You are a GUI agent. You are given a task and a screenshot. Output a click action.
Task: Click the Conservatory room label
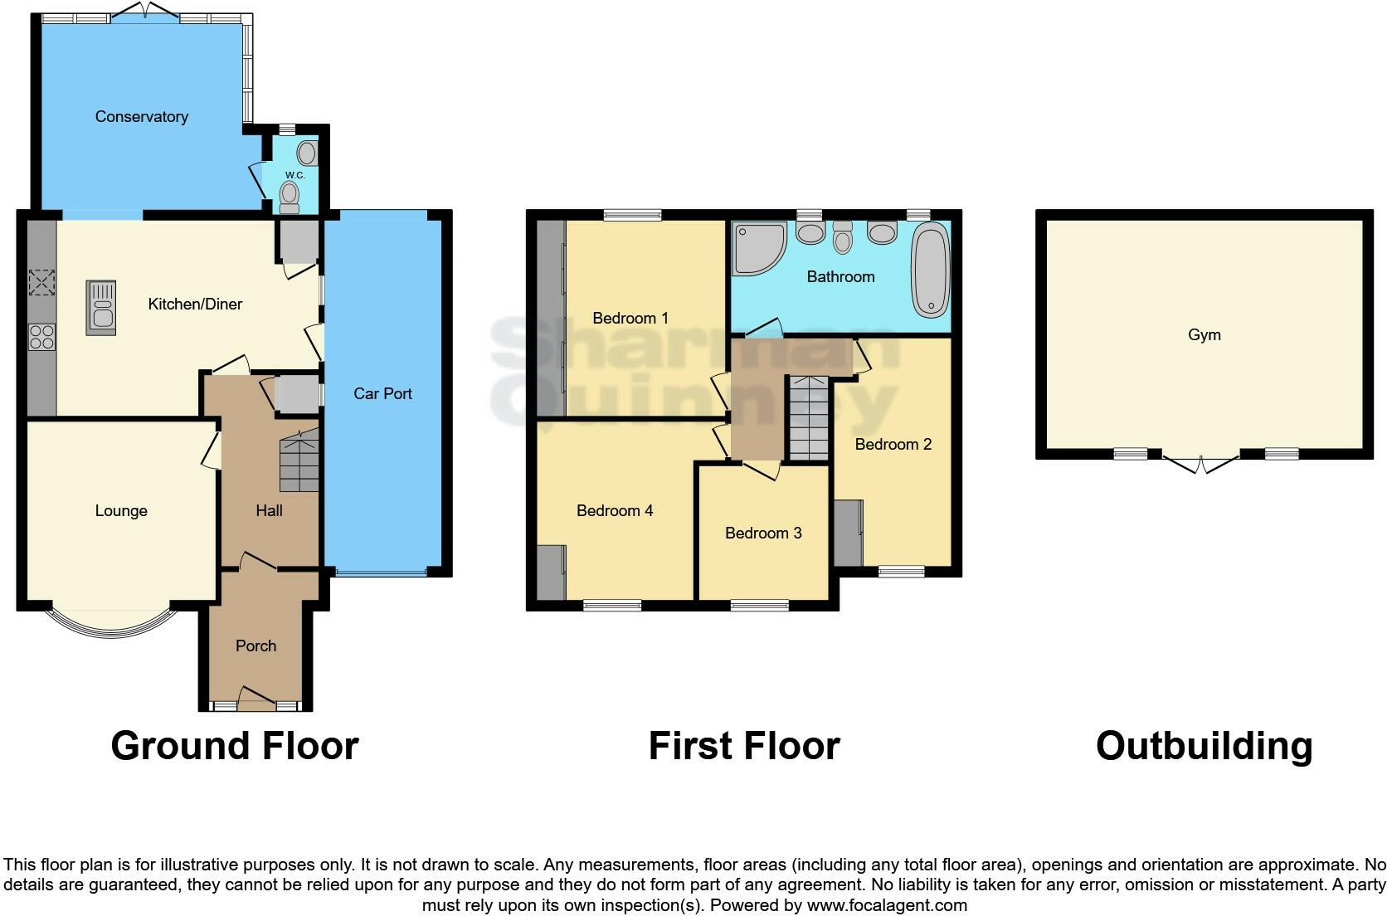click(x=141, y=117)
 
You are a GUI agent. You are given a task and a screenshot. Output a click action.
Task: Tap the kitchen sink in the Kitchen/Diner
click(x=101, y=307)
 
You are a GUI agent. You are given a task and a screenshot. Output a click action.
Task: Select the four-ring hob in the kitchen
click(x=42, y=337)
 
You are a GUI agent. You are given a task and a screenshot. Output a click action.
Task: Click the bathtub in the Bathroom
click(x=931, y=272)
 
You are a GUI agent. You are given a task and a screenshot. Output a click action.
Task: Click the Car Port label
click(x=382, y=393)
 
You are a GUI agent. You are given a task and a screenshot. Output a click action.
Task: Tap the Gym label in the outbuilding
click(x=1204, y=335)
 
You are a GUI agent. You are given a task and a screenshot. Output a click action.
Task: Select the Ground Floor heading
click(x=234, y=745)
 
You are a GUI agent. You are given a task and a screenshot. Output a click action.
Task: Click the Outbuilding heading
click(x=1204, y=745)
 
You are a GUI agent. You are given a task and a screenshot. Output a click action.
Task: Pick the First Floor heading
click(x=743, y=745)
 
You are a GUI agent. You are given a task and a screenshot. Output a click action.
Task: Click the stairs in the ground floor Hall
click(x=299, y=465)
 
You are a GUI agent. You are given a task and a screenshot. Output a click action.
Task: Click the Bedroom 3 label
click(x=763, y=533)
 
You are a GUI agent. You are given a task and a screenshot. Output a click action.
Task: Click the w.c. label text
click(x=294, y=175)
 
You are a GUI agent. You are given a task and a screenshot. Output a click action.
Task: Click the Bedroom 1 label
click(x=630, y=318)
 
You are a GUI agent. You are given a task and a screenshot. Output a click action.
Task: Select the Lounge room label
click(x=121, y=511)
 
